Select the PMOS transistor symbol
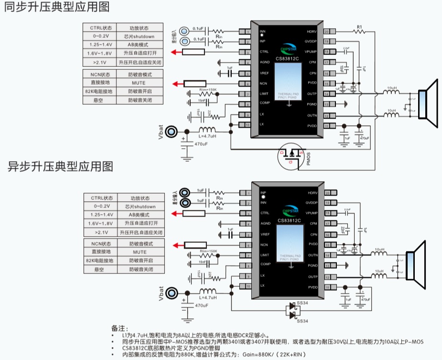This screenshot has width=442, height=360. click(x=291, y=156)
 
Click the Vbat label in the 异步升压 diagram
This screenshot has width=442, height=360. click(x=161, y=293)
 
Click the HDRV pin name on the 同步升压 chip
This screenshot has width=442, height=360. click(x=312, y=32)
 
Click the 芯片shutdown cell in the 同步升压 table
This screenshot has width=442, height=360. click(x=140, y=36)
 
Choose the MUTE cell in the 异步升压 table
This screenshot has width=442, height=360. click(x=140, y=251)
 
